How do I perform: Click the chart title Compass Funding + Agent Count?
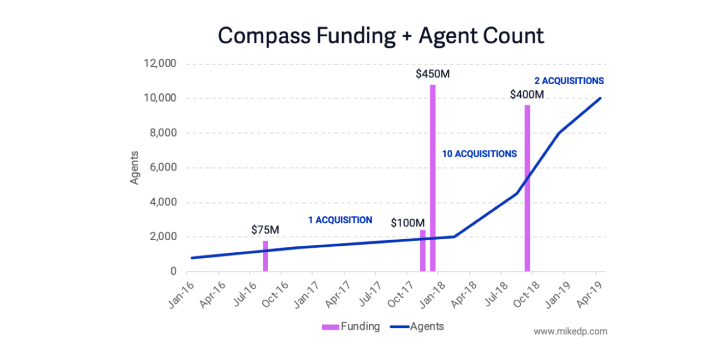pyautogui.click(x=381, y=36)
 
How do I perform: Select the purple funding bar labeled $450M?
pyautogui.click(x=432, y=178)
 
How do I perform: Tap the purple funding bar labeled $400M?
pyautogui.click(x=527, y=189)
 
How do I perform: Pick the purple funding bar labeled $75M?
pyautogui.click(x=265, y=256)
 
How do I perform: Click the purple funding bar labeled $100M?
pyautogui.click(x=422, y=251)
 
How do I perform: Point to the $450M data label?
pyautogui.click(x=432, y=74)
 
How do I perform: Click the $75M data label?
pyautogui.click(x=265, y=229)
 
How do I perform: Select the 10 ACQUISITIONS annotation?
pyautogui.click(x=479, y=153)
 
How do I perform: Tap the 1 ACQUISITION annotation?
pyautogui.click(x=340, y=220)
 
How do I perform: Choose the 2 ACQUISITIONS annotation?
pyautogui.click(x=569, y=81)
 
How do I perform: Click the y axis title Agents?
pyautogui.click(x=135, y=168)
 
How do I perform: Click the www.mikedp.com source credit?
pyautogui.click(x=570, y=331)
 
